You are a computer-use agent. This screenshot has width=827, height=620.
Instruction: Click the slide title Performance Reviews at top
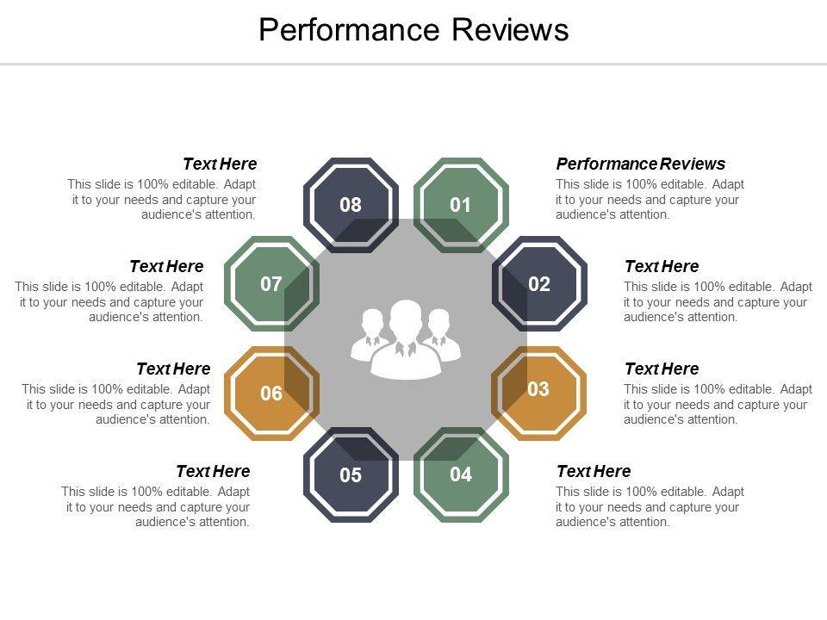[413, 30]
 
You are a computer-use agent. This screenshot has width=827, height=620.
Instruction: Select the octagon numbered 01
[461, 205]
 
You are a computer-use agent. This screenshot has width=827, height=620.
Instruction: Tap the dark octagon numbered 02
[539, 284]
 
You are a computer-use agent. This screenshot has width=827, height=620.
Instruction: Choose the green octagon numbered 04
[461, 474]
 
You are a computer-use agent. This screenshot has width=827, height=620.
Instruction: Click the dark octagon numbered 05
[351, 474]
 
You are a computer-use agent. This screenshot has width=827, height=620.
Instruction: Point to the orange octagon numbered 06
[271, 394]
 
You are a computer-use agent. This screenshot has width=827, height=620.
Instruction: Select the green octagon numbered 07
[271, 284]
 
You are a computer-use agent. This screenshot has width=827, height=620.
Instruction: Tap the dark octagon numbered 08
[351, 205]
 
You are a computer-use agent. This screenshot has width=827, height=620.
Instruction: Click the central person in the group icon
[406, 340]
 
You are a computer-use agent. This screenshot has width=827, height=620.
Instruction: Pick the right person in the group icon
[440, 336]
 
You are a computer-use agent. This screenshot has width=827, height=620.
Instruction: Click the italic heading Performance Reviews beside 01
[641, 164]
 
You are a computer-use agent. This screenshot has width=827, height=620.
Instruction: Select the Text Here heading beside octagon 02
[662, 266]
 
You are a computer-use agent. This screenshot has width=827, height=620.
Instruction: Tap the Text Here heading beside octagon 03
[662, 369]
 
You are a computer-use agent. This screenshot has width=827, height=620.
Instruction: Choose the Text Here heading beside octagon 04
[594, 471]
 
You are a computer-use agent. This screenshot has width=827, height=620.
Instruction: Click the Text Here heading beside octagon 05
[213, 471]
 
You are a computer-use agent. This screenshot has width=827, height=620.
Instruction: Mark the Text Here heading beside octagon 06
[173, 369]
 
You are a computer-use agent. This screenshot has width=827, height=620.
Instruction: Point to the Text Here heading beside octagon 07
[166, 266]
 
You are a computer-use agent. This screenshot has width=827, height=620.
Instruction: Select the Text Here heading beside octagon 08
[220, 164]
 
